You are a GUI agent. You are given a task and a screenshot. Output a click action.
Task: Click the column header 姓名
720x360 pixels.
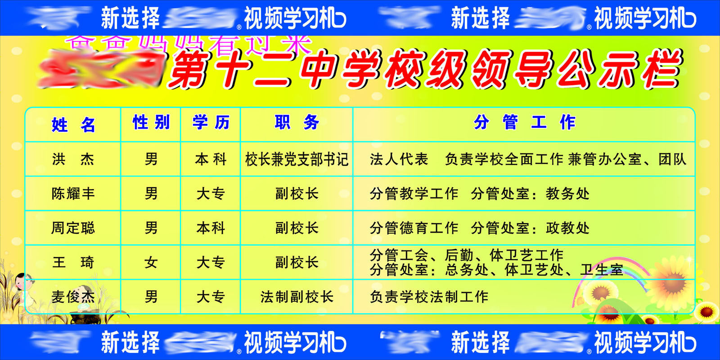point(73,125)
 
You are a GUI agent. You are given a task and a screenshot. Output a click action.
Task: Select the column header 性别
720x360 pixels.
point(151,122)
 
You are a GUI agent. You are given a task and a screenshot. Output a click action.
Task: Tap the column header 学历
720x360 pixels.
point(211,122)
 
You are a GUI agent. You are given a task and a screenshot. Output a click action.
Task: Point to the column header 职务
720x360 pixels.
point(297,122)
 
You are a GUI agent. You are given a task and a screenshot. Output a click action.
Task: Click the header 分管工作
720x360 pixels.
point(524,122)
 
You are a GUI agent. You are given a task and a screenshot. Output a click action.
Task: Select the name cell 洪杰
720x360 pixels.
point(73,159)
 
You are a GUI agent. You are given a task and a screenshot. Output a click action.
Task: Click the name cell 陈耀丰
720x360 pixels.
point(73,194)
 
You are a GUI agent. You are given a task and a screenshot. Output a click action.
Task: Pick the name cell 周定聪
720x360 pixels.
point(73,228)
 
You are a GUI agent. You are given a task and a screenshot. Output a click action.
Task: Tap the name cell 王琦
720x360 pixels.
point(73,262)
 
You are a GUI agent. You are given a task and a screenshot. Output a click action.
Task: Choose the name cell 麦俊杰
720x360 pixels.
point(73,297)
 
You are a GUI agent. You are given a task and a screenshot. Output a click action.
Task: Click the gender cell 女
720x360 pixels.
point(151,262)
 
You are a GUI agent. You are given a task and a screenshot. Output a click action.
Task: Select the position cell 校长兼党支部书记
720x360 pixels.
point(297,159)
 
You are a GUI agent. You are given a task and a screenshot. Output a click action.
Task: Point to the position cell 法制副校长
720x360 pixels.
point(297,297)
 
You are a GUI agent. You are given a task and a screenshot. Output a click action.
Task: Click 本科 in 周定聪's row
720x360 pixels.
point(211,228)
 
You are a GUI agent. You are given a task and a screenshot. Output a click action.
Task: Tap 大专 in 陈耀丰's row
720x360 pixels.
point(211,194)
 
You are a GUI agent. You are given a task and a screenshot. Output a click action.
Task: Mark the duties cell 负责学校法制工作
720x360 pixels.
point(429,297)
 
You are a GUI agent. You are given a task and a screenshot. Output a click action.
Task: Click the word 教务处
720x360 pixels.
point(567,194)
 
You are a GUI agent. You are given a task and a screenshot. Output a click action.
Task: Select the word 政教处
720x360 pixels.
point(567,228)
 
